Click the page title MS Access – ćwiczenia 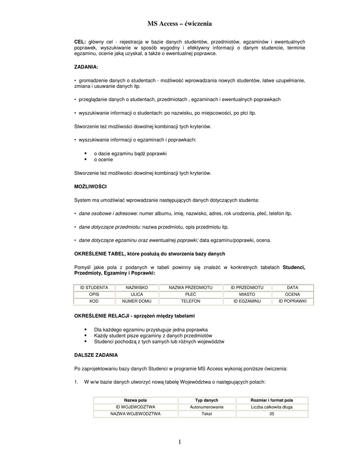pyautogui.click(x=180, y=23)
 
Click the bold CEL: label pyautogui.click(x=80, y=42)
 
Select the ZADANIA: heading pyautogui.click(x=86, y=67)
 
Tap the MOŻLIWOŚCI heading pyautogui.click(x=90, y=187)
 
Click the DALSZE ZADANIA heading pyautogui.click(x=96, y=354)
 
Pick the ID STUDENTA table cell pyautogui.click(x=94, y=288)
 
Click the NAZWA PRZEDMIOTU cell pyautogui.click(x=191, y=288)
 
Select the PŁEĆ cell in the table pyautogui.click(x=191, y=294)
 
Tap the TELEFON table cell pyautogui.click(x=191, y=301)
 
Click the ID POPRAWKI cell pyautogui.click(x=293, y=301)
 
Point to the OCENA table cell pyautogui.click(x=293, y=294)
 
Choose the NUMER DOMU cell pyautogui.click(x=137, y=301)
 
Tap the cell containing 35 pyautogui.click(x=272, y=414)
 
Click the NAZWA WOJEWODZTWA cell pyautogui.click(x=136, y=414)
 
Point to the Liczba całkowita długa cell pyautogui.click(x=272, y=407)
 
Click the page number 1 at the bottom pyautogui.click(x=180, y=442)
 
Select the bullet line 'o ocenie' pyautogui.click(x=103, y=160)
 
